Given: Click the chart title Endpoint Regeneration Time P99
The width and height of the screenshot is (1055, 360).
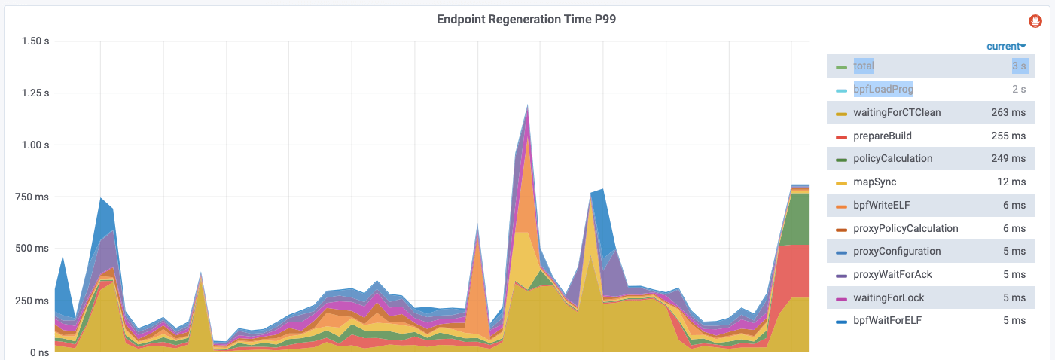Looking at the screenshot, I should coord(526,20).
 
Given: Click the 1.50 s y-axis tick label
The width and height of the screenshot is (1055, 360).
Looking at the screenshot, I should coord(35,41).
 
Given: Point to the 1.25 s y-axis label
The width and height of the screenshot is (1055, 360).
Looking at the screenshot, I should coord(35,93).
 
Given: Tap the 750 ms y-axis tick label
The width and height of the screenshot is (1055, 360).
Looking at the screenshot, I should coord(32,197).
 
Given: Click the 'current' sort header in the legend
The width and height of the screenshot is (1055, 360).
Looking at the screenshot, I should coord(1006,47).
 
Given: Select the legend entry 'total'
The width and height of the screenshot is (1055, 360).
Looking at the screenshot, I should coord(864,66).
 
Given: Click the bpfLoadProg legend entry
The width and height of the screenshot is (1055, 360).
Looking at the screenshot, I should coord(883,90).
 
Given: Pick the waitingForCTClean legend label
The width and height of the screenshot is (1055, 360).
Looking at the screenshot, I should coord(897,113).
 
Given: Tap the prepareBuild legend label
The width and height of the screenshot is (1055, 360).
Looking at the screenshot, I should coord(882,136).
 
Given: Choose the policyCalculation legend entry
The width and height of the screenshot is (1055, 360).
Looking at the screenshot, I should coord(893,159).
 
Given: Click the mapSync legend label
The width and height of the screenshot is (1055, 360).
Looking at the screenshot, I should coord(875,182).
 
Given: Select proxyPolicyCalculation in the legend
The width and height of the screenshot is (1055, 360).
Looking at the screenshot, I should coord(906,228).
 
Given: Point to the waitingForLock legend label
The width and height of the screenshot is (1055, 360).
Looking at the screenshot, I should coord(889,297).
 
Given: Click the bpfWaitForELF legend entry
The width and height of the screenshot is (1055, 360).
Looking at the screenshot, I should coord(886,321).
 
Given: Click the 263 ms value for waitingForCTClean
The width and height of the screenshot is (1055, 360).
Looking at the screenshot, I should coord(1008,113).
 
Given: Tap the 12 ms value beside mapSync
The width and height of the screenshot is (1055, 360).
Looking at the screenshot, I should coord(1012,182).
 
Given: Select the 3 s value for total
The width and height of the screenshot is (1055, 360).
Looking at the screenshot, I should coord(1018,66).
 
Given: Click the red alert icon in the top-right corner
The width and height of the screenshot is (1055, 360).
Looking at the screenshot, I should coord(1035,20).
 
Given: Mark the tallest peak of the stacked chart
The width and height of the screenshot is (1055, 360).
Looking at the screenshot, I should coord(527,105).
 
